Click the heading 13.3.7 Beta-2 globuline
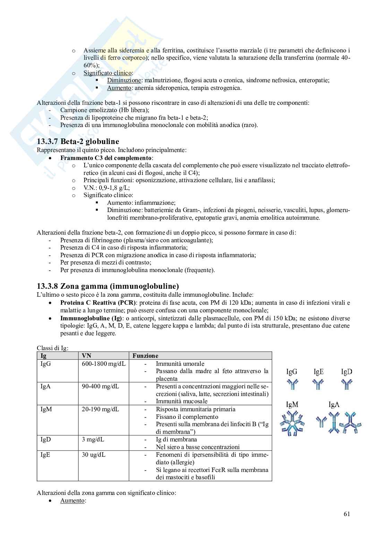(78, 142)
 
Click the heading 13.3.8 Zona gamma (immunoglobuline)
(108, 286)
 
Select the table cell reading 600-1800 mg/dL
(104, 364)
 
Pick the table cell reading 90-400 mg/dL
(100, 387)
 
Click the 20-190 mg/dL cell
(100, 409)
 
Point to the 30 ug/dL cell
(94, 455)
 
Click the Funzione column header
(145, 356)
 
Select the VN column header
(86, 356)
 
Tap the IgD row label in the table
(46, 439)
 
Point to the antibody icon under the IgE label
(318, 384)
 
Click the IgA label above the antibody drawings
(334, 405)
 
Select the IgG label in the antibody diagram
(292, 372)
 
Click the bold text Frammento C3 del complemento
(106, 158)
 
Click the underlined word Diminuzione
(124, 81)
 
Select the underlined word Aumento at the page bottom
(72, 501)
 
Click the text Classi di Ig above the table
(53, 348)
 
